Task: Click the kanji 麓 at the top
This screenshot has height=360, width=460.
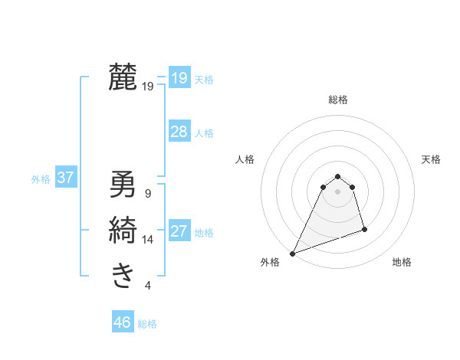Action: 123,77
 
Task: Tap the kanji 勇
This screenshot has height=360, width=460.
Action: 123,185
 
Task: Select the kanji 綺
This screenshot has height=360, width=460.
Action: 123,231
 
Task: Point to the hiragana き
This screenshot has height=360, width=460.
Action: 123,275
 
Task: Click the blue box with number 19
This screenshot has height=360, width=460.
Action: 179,77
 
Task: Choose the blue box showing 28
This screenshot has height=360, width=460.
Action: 179,131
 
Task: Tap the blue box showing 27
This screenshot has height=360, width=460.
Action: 179,231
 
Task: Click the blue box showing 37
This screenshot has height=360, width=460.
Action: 66,178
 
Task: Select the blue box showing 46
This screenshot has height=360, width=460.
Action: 122,322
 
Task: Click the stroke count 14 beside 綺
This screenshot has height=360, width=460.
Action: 148,240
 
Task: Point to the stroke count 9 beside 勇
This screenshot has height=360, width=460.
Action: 148,194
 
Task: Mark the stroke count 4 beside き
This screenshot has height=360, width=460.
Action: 148,286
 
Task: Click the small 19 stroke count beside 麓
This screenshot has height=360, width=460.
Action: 148,87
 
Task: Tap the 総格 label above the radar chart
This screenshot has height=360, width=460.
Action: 338,100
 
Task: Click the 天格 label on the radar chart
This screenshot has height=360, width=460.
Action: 432,159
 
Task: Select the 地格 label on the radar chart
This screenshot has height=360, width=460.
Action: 402,262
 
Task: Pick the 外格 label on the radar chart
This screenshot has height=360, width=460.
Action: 270,262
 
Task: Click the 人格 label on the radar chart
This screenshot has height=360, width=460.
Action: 245,159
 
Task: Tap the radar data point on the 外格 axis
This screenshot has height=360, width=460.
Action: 292,254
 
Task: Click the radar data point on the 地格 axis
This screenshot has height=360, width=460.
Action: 364,229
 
